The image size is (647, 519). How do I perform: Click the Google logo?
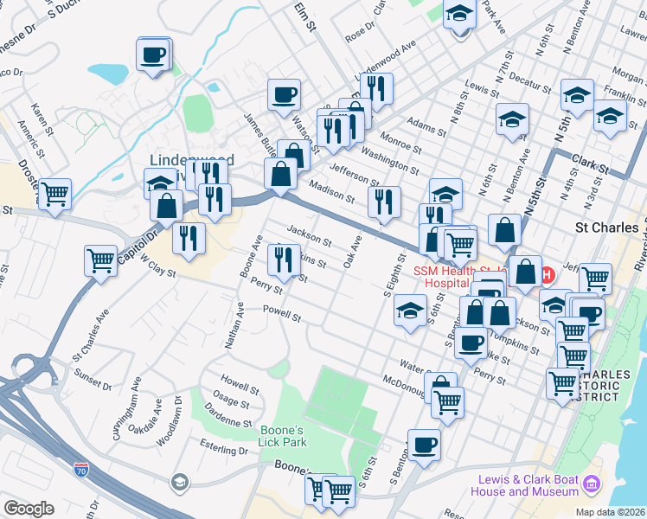[x=29, y=509]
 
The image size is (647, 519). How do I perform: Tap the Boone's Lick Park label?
[x=283, y=435]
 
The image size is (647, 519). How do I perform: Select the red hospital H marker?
[x=546, y=276]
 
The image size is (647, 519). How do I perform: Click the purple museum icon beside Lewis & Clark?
[x=593, y=482]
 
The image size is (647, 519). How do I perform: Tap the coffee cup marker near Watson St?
[x=283, y=95]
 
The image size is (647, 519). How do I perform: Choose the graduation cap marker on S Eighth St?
[x=410, y=311]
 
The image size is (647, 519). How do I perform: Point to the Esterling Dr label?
[x=223, y=450]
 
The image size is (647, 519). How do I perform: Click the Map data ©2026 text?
[x=609, y=511]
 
